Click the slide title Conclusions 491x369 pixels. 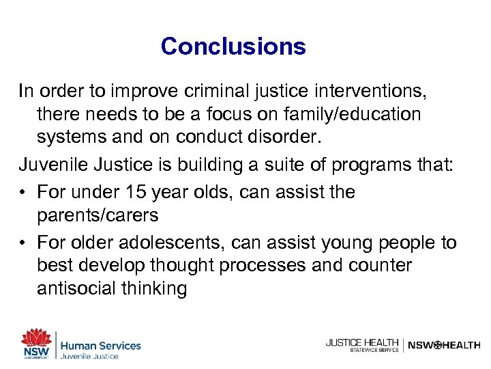pos(233,46)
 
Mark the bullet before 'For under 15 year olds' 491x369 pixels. pos(24,192)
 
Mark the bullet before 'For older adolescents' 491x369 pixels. pos(24,242)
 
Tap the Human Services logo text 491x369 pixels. pos(100,346)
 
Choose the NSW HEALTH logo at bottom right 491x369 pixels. pos(444,345)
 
